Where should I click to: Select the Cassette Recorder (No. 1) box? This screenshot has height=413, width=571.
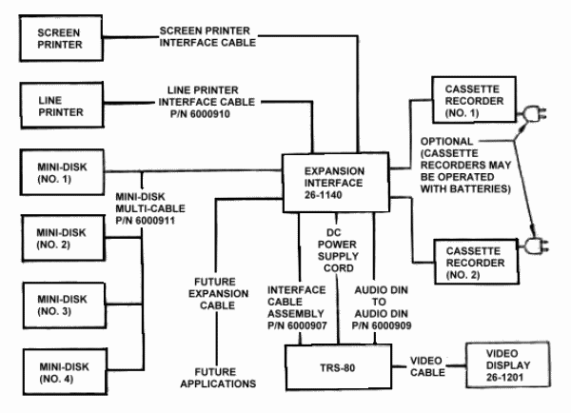tap(465, 100)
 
